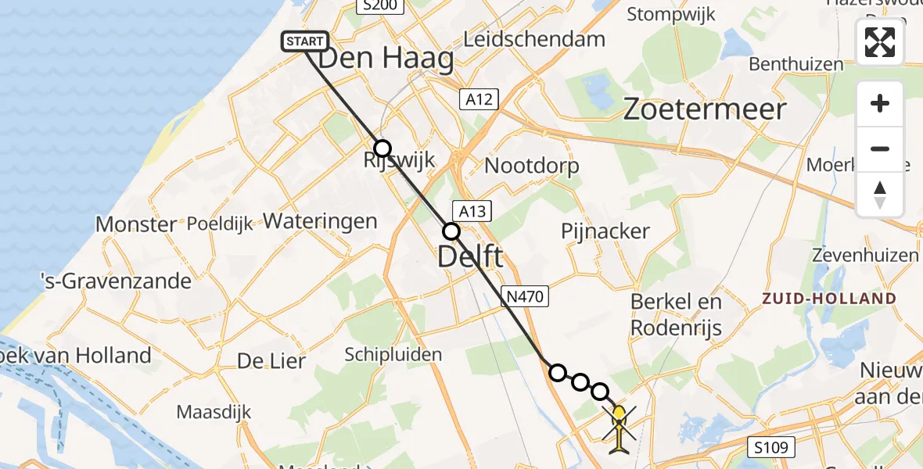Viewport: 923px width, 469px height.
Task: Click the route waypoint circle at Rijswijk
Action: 382,149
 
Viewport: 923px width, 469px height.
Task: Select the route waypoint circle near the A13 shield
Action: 451,231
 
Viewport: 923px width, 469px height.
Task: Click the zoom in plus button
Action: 880,103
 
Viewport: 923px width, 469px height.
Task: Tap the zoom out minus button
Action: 880,149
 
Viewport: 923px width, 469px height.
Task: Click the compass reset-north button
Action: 880,195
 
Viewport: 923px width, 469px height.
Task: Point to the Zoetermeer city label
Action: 704,109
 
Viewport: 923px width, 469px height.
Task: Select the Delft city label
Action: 470,256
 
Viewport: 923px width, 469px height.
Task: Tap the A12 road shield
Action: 479,98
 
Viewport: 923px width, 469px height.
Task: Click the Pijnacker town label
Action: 605,231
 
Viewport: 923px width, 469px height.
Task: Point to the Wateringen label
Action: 320,221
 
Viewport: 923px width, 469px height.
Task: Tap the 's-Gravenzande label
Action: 116,281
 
